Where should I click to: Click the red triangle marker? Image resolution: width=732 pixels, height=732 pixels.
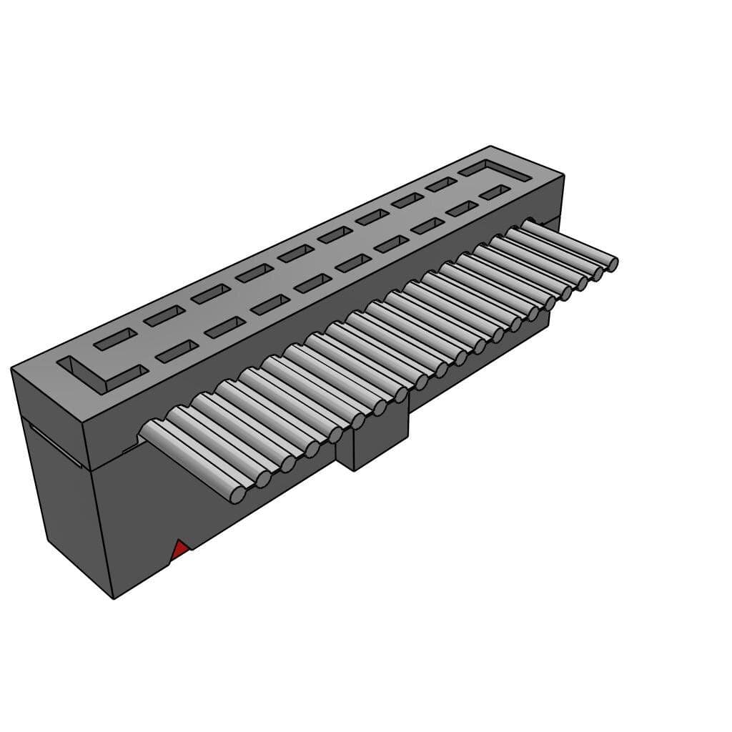180,550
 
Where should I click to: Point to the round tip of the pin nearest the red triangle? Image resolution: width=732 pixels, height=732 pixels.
237,494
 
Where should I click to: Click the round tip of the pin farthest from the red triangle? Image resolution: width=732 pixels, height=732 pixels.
613,264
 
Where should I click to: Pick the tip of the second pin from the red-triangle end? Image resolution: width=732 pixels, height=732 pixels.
262,479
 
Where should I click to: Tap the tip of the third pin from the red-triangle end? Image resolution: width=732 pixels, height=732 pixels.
287,464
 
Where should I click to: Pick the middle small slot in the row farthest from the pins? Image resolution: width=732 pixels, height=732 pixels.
296,253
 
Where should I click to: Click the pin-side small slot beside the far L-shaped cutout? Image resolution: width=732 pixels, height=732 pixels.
495,192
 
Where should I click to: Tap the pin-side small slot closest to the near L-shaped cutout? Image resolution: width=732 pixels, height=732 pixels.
177,352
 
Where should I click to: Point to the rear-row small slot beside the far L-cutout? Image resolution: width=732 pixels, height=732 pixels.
441,184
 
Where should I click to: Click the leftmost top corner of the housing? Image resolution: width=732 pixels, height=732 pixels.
11,369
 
